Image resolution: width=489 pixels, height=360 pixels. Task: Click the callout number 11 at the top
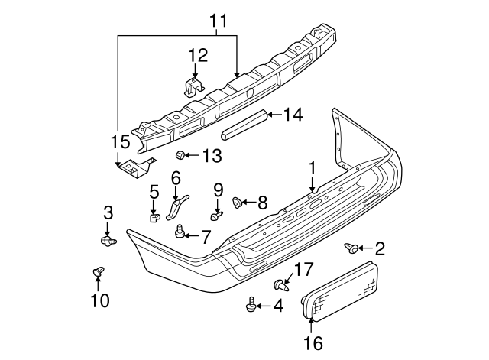point(219,21)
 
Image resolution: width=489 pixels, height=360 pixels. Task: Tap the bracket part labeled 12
point(193,85)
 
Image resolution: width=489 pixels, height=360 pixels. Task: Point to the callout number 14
point(293,115)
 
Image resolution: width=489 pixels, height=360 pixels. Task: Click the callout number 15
point(120,141)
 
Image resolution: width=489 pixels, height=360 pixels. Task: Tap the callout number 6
point(176,178)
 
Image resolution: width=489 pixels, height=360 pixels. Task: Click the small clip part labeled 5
point(154,218)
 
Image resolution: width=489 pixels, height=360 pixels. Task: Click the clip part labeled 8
point(238,203)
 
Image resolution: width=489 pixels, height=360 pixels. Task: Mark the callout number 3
point(108,212)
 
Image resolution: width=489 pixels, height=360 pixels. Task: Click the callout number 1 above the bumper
point(312,167)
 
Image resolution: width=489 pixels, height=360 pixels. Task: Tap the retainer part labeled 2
point(352,247)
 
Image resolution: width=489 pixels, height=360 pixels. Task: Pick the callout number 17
point(304,268)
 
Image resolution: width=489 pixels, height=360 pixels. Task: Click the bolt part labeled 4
point(251,306)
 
